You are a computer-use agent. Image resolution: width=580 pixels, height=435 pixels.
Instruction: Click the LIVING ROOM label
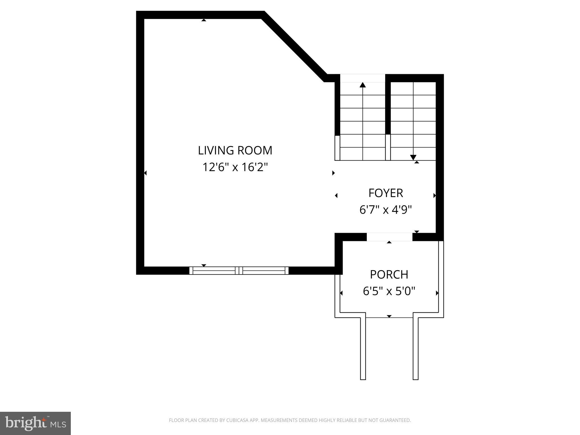pyautogui.click(x=235, y=150)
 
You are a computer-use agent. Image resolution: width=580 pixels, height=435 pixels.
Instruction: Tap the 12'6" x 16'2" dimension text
pyautogui.click(x=235, y=167)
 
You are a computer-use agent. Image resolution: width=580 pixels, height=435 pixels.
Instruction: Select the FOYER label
pyautogui.click(x=385, y=193)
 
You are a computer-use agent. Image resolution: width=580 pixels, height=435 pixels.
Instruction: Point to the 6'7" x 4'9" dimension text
pyautogui.click(x=385, y=210)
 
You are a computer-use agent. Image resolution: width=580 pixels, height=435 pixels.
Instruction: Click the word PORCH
pyautogui.click(x=389, y=274)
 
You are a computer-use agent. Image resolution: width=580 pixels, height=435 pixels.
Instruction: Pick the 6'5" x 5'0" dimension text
pyautogui.click(x=389, y=291)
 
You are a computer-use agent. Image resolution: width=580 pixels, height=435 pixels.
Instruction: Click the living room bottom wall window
pyautogui.click(x=239, y=270)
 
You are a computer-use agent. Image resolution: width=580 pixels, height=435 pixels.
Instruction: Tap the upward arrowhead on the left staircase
pyautogui.click(x=362, y=85)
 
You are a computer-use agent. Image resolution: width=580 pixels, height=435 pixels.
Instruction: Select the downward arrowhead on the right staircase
pyautogui.click(x=413, y=157)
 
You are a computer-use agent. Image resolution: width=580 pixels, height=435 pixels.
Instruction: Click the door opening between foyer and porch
pyautogui.click(x=389, y=237)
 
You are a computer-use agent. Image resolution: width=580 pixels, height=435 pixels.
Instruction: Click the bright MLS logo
pyautogui.click(x=35, y=423)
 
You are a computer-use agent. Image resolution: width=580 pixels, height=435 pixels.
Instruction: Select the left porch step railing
pyautogui.click(x=363, y=348)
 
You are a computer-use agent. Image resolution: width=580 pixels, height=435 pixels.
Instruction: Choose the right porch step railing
pyautogui.click(x=415, y=348)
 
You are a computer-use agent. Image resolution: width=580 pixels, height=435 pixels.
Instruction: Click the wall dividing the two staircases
pyautogui.click(x=388, y=108)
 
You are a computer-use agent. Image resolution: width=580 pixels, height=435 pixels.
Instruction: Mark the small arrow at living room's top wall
pyautogui.click(x=204, y=20)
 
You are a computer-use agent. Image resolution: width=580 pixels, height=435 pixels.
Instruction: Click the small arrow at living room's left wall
pyautogui.click(x=145, y=173)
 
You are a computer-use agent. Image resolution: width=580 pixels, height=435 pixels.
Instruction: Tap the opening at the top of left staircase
pyautogui.click(x=362, y=78)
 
